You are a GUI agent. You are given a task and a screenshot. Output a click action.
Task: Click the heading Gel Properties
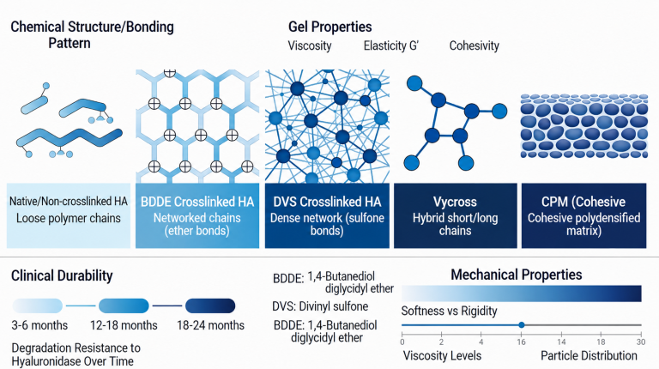(329, 27)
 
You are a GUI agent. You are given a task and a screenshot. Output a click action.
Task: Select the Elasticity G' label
(391, 45)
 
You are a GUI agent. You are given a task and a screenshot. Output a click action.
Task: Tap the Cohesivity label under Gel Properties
(474, 45)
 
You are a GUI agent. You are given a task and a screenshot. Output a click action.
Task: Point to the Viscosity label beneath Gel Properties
(310, 45)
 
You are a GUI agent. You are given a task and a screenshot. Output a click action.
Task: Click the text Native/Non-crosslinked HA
(69, 202)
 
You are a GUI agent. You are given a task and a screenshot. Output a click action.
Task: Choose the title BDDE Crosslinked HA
(197, 202)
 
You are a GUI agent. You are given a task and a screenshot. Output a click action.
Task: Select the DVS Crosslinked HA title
(327, 202)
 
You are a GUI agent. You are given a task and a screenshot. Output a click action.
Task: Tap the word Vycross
(455, 203)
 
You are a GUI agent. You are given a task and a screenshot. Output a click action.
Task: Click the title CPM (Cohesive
(583, 203)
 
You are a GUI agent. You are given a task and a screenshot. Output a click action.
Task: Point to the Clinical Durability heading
(62, 275)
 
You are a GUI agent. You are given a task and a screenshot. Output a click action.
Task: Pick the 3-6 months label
(39, 325)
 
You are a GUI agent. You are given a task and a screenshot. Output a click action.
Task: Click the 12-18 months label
(124, 325)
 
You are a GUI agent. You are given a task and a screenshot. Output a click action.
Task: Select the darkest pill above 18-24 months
(210, 306)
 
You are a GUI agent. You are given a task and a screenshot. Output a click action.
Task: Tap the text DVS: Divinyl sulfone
(320, 306)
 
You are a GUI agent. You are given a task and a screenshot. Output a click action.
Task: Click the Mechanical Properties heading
(516, 275)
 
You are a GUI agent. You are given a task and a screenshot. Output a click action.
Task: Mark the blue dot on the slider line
(522, 325)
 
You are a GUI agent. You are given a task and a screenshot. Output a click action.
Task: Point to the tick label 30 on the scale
(640, 342)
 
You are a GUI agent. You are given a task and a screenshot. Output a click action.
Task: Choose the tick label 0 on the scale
(402, 342)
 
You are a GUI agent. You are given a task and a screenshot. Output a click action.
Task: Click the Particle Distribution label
(589, 355)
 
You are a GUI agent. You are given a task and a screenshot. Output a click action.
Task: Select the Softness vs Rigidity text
(450, 311)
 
